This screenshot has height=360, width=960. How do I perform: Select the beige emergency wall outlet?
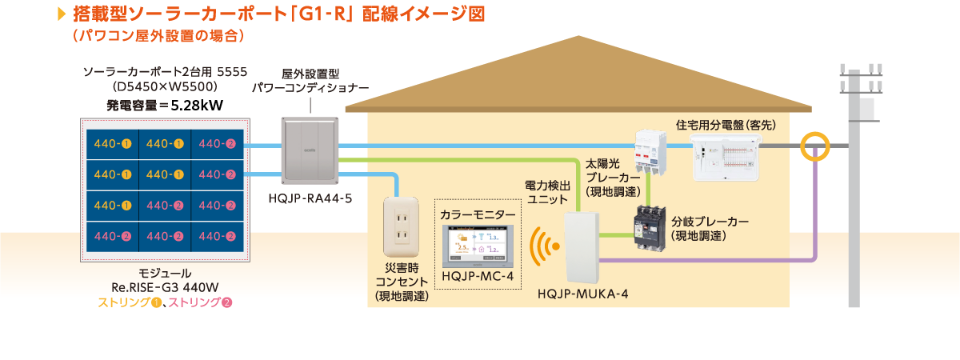402,225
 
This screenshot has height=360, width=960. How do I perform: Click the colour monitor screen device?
477,246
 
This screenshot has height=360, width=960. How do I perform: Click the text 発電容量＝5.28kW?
166,104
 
